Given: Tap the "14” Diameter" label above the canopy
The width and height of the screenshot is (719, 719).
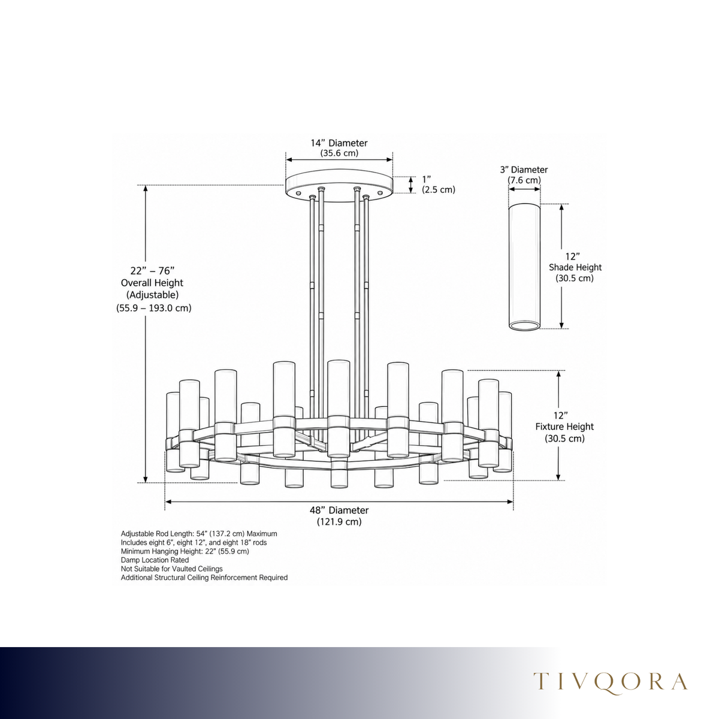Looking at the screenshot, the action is point(339,143).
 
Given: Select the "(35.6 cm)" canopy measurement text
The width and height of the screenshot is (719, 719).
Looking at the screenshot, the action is point(339,153).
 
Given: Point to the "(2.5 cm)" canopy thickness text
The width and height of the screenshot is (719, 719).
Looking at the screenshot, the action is point(439,190).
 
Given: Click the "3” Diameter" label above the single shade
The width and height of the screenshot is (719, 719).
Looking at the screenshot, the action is point(524,170).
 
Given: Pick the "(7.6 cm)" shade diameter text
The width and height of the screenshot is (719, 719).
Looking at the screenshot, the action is point(524,180).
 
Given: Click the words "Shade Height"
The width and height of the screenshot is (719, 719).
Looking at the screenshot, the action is point(575,267).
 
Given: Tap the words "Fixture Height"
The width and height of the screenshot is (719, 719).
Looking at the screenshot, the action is point(564,427).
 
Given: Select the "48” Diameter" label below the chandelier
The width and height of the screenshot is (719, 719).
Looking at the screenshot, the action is point(339,510).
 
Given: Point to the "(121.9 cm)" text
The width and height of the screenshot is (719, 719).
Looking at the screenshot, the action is point(339,522).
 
